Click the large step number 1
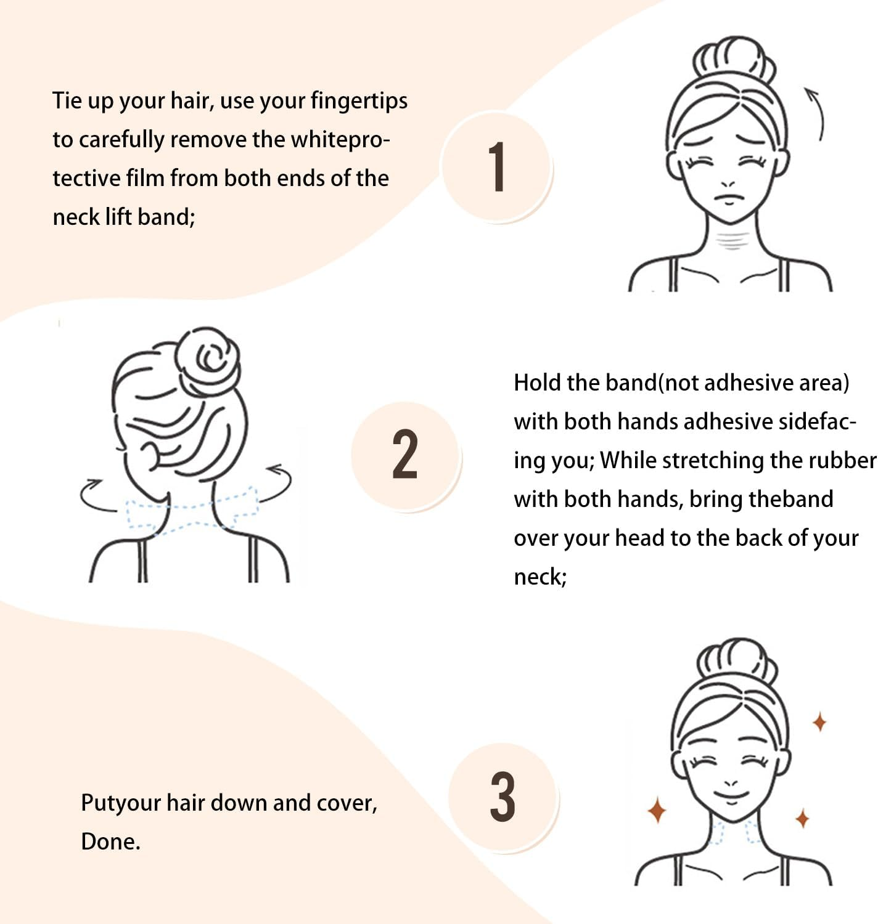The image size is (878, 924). (x=497, y=166)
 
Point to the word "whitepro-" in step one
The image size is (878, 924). (x=340, y=139)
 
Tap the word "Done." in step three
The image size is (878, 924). (x=111, y=841)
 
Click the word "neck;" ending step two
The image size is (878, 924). (x=540, y=577)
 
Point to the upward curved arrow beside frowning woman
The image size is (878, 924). (x=816, y=113)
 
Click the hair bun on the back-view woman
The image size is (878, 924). (x=207, y=361)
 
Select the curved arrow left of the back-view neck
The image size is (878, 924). (x=96, y=496)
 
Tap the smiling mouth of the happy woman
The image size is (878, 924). (x=732, y=796)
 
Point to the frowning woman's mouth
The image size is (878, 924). (x=729, y=198)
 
